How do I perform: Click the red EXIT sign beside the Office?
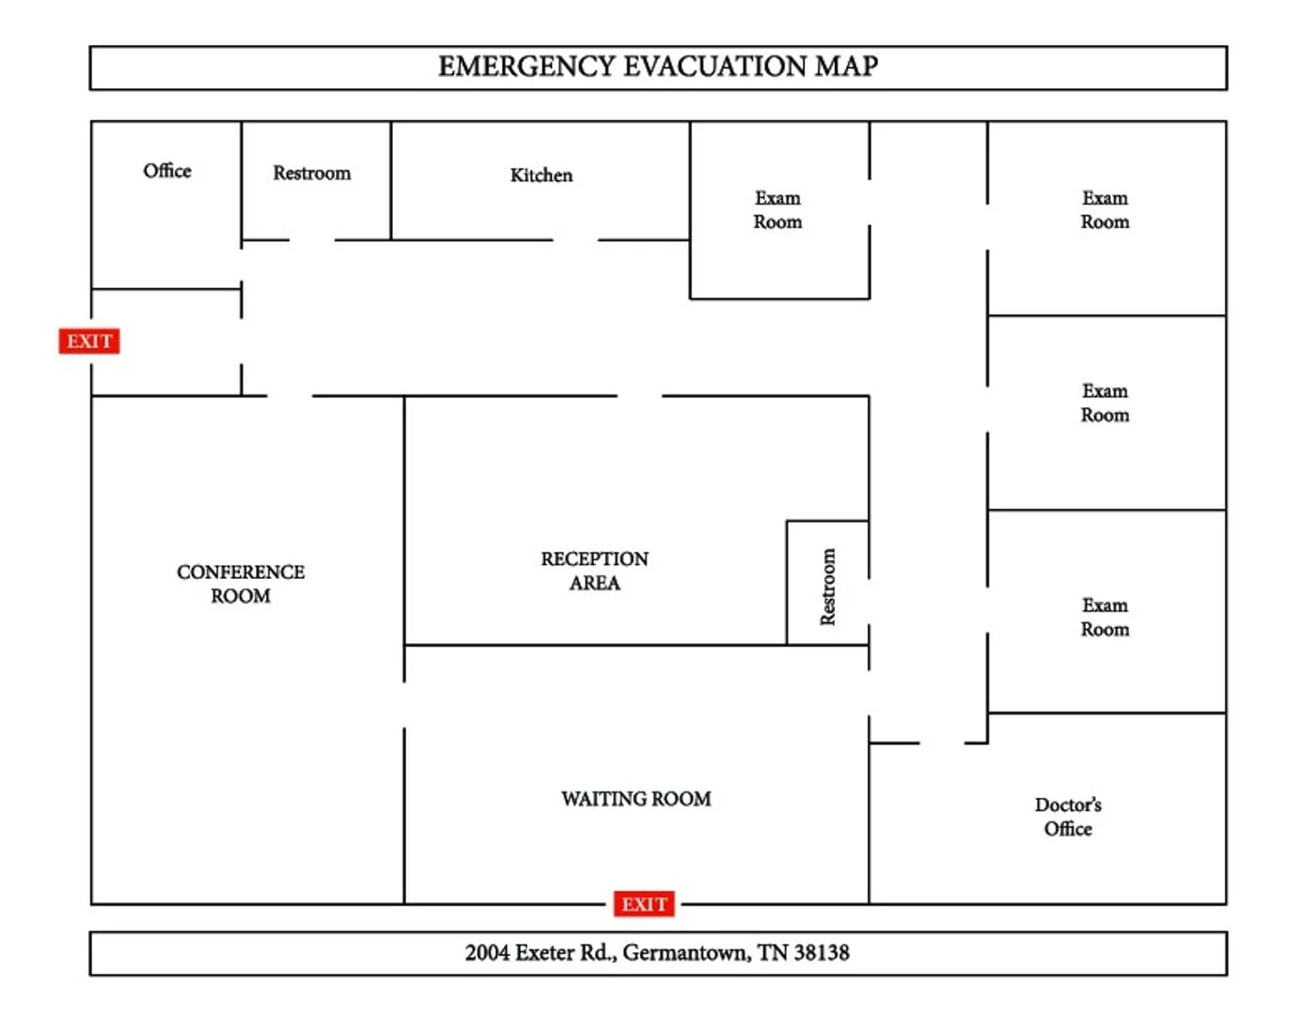(x=89, y=340)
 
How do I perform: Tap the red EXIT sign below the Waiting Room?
(x=644, y=904)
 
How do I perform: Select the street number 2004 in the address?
(x=487, y=953)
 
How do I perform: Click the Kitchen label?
(x=540, y=175)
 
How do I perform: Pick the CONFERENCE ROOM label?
(x=241, y=584)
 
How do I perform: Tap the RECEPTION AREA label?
(x=594, y=571)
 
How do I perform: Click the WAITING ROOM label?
(x=636, y=799)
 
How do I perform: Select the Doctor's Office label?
(x=1068, y=817)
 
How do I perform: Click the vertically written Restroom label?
(x=827, y=587)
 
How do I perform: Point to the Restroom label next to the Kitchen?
(x=311, y=173)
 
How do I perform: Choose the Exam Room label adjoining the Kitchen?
(x=777, y=210)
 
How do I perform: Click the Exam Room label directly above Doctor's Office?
(x=1104, y=617)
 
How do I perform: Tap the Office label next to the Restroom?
(x=167, y=170)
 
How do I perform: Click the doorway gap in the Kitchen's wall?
(x=575, y=240)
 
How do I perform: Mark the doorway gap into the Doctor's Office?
(x=942, y=743)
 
